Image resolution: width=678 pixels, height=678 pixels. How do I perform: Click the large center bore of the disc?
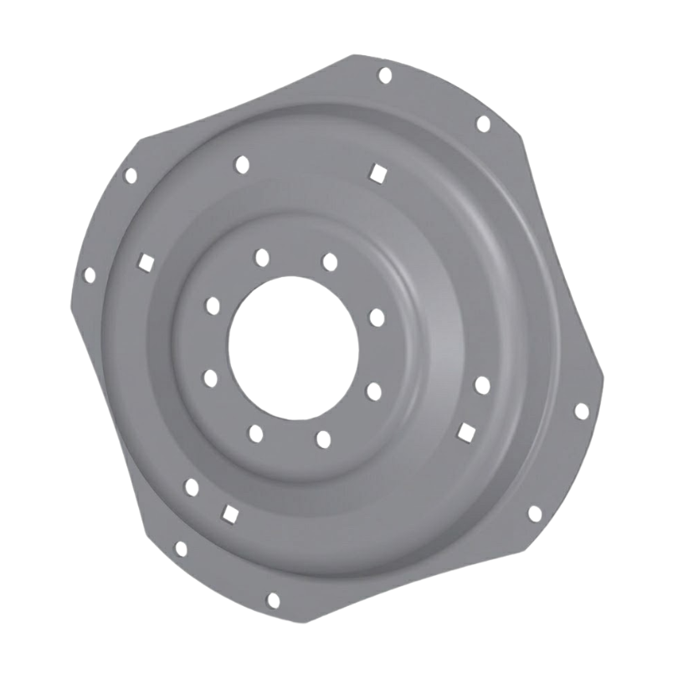[x=293, y=343]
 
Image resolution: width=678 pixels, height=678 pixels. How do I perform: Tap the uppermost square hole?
[x=378, y=172]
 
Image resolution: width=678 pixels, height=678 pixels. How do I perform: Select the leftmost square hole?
[x=145, y=262]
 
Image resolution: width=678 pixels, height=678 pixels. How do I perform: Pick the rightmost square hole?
[x=466, y=430]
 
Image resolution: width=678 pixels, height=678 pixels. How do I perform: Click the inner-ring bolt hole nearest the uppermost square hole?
[x=330, y=262]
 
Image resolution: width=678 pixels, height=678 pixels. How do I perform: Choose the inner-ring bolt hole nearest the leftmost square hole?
[x=213, y=306]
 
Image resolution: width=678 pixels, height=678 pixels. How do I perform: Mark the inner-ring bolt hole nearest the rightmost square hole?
[x=373, y=391]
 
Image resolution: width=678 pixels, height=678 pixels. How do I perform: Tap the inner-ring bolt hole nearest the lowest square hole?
[x=256, y=433]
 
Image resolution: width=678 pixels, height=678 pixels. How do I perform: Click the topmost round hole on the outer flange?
[x=385, y=75]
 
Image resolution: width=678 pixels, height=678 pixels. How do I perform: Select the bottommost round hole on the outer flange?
[x=273, y=599]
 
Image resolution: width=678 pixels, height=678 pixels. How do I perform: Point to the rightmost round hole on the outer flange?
[x=581, y=410]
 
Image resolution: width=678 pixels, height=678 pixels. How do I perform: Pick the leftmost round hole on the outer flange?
[x=90, y=275]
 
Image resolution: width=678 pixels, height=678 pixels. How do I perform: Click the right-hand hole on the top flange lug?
[x=483, y=124]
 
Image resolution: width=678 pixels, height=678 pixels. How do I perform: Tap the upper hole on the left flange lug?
[x=131, y=176]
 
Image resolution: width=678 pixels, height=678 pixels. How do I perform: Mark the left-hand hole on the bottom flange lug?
[x=181, y=549]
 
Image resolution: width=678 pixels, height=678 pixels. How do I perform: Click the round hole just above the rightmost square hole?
[x=481, y=385]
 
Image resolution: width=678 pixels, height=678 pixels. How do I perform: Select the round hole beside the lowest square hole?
[x=192, y=487]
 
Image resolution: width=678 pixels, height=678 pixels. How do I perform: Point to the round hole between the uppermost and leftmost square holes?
[x=242, y=165]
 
